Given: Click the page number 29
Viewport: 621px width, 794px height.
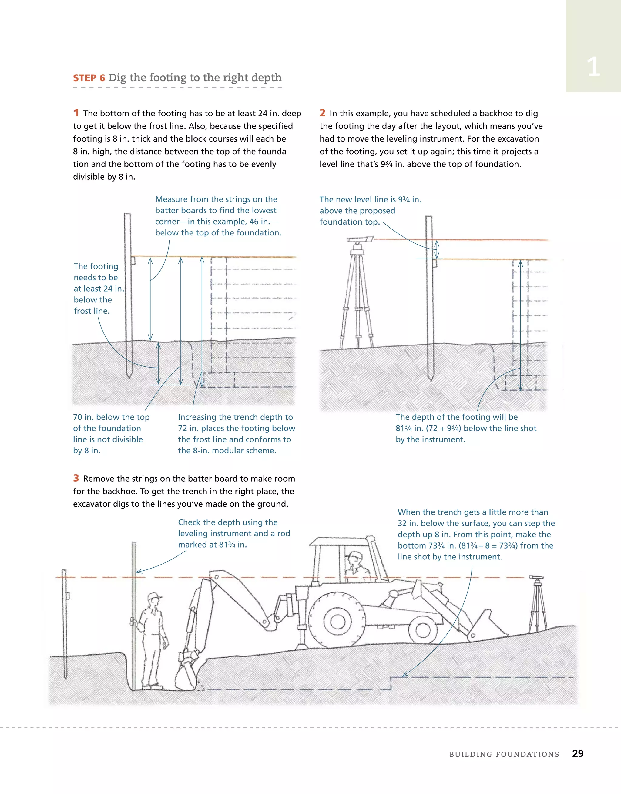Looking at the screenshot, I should (577, 753).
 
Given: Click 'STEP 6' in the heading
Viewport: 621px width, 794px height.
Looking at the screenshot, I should (89, 78).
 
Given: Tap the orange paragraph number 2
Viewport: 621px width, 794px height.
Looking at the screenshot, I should (322, 113).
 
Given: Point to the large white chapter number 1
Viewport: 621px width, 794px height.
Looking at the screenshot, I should (593, 67).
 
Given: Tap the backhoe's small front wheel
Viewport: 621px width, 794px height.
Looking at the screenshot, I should (423, 630).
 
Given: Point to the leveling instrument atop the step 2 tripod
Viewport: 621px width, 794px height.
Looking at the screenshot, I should (359, 240).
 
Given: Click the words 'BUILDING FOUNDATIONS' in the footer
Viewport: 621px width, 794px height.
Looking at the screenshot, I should (504, 754).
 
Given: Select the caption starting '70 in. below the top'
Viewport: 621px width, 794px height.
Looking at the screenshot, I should (111, 433).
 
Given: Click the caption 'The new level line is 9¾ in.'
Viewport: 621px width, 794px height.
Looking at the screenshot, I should (370, 200).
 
